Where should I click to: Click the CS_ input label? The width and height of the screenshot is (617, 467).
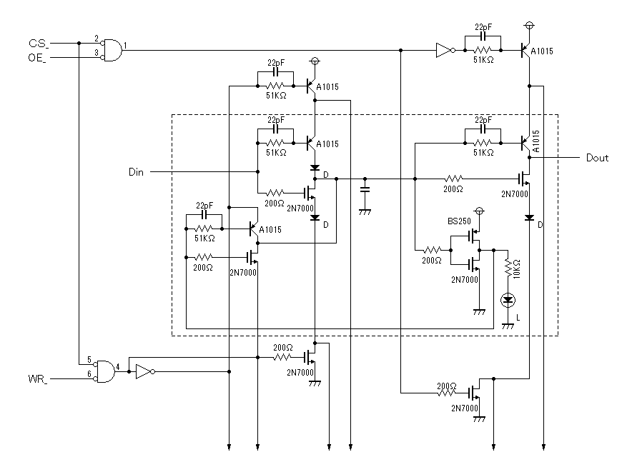tap(39, 44)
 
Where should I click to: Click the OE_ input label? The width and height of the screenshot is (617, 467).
tap(38, 58)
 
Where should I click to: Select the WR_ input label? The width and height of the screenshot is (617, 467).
tap(38, 379)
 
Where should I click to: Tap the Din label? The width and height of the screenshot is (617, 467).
tap(136, 172)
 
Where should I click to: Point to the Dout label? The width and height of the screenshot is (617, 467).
tap(597, 158)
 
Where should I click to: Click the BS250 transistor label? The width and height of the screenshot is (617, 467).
tap(459, 221)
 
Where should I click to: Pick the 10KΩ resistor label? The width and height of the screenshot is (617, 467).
tap(516, 269)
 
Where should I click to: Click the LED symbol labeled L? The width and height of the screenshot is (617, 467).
tap(508, 301)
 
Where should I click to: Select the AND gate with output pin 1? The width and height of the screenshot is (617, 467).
tap(112, 50)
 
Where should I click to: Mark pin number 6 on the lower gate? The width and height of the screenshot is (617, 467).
tap(89, 374)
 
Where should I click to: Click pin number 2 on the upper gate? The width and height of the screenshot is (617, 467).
tap(97, 39)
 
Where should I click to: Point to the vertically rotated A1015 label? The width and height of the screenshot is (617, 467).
tap(535, 141)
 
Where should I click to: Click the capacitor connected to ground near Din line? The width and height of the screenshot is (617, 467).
tap(365, 189)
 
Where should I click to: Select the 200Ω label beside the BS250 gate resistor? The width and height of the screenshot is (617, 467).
tap(432, 261)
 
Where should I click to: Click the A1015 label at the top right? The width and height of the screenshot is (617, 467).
tap(542, 51)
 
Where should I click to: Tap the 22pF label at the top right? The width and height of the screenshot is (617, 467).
tap(483, 27)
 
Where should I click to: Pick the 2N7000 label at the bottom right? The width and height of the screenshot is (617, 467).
tap(465, 408)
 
